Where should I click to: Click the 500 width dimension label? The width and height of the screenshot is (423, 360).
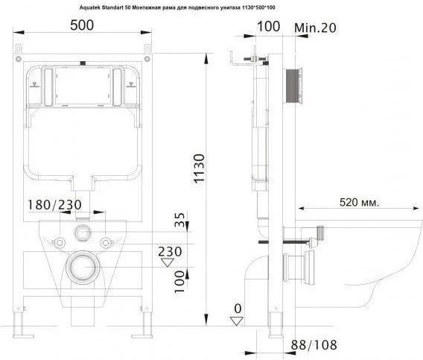point(82,25)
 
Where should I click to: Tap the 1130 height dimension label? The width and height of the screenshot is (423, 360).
point(200,168)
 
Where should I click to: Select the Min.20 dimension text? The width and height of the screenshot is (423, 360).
point(315,28)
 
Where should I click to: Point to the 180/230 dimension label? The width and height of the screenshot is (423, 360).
point(55,205)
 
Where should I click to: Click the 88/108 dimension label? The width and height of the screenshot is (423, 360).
point(314,345)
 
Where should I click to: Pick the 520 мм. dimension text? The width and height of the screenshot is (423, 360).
point(359,202)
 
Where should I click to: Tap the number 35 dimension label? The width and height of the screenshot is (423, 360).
point(180,220)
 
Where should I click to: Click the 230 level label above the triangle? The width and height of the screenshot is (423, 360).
point(170,252)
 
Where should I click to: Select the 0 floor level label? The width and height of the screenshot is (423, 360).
point(238,309)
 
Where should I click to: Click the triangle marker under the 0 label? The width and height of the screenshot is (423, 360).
point(237,321)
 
